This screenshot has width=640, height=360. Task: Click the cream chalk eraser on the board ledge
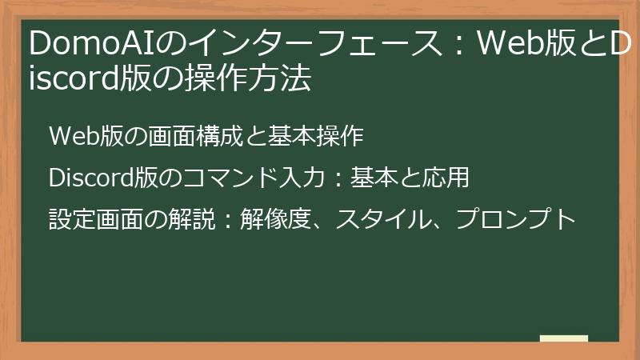click(564, 338)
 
